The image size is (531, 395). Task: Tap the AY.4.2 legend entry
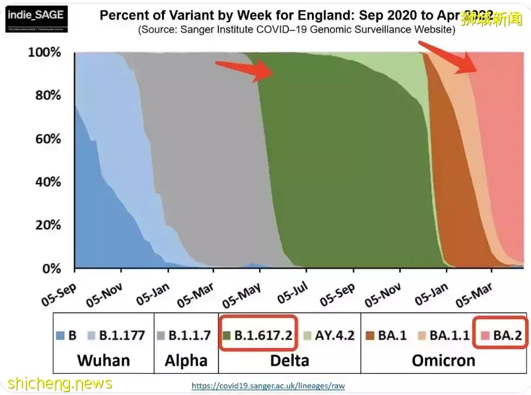pyautogui.click(x=327, y=335)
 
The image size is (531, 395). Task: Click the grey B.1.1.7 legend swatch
pyautogui.click(x=161, y=336)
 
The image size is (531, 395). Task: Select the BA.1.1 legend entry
pyautogui.click(x=443, y=335)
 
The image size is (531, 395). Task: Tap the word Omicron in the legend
pyautogui.click(x=443, y=360)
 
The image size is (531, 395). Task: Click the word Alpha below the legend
pyautogui.click(x=186, y=360)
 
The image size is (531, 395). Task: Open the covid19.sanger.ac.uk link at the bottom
pyautogui.click(x=268, y=386)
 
